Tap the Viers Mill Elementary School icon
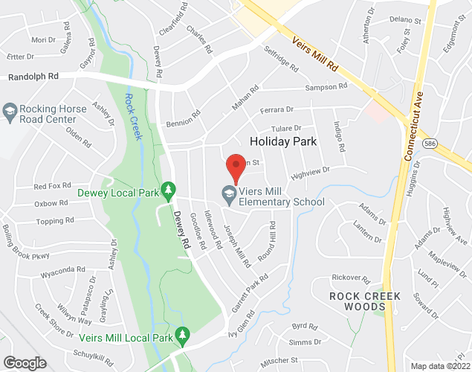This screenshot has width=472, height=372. tap(229, 195)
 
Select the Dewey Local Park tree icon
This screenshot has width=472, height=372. tap(169, 191)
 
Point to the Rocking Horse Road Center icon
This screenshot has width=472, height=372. tap(10, 112)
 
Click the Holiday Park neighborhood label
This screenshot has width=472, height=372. tap(283, 141)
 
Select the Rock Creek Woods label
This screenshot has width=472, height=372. tap(365, 302)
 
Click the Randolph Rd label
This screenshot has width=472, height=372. tap(33, 77)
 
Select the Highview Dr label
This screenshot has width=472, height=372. tap(311, 173)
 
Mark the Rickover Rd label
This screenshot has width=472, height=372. tap(351, 279)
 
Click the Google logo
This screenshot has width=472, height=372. tap(25, 362)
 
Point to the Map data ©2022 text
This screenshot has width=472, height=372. tap(440, 366)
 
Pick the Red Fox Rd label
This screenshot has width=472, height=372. tap(52, 186)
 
